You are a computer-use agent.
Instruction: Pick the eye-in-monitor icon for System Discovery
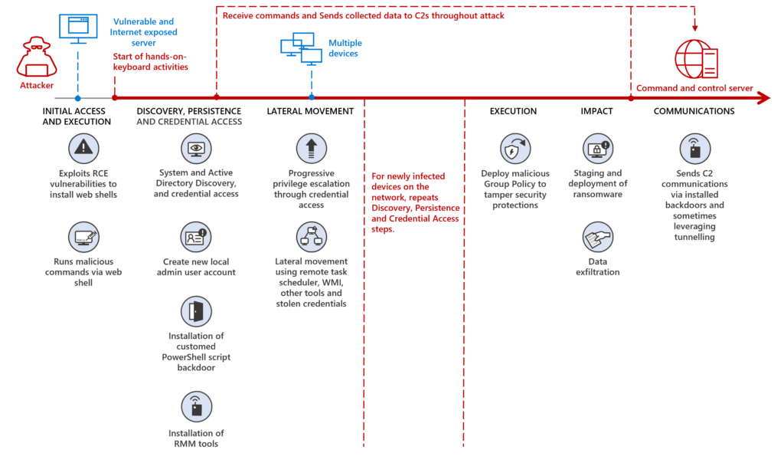click(195, 148)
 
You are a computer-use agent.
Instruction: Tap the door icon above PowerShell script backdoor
click(195, 310)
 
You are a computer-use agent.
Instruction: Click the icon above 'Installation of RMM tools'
click(195, 407)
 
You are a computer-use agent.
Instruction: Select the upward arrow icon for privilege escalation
click(311, 148)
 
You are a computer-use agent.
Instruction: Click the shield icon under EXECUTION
click(514, 148)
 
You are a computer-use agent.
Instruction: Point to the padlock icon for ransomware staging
click(596, 148)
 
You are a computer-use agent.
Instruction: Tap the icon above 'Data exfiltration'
click(596, 239)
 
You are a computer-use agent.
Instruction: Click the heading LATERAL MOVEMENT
click(310, 111)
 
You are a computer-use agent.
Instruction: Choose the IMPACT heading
click(596, 111)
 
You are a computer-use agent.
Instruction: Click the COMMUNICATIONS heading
click(694, 111)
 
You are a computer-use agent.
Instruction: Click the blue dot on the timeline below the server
click(77, 98)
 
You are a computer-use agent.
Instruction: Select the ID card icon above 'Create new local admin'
click(195, 236)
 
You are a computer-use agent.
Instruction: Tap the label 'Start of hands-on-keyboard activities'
click(150, 62)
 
